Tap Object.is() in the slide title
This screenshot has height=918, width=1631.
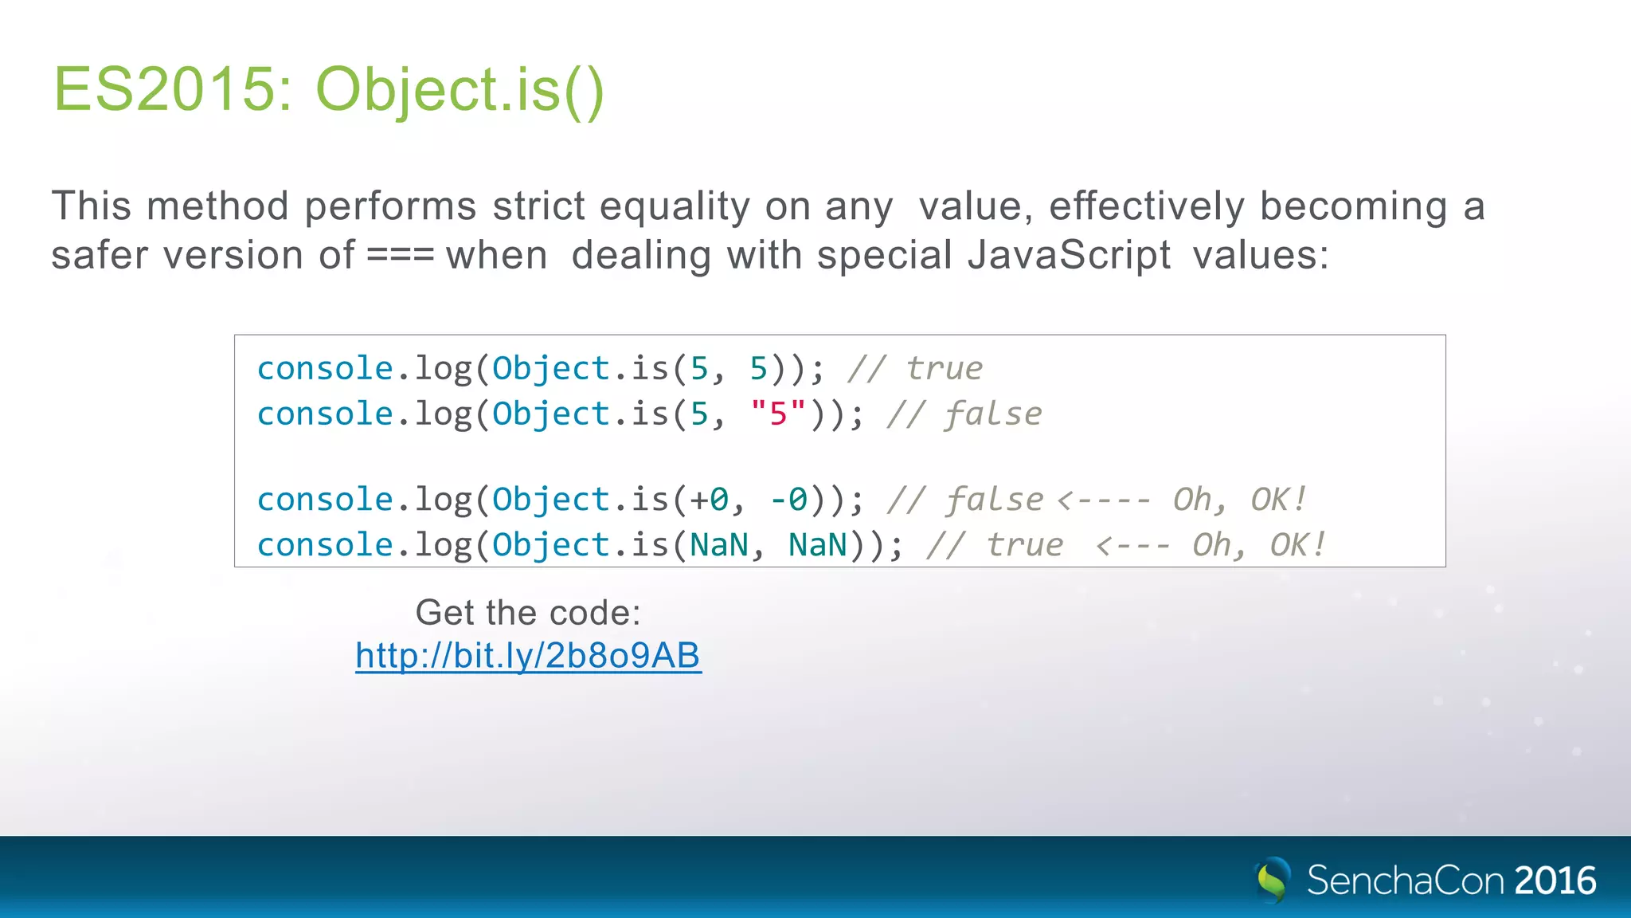click(460, 90)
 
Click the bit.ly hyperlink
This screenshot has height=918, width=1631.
click(528, 656)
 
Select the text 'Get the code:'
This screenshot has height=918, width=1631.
click(528, 613)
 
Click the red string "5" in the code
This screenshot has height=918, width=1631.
click(778, 414)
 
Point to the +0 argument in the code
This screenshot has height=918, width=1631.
click(709, 500)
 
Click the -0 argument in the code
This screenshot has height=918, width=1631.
click(788, 500)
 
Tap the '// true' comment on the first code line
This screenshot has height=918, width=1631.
click(916, 369)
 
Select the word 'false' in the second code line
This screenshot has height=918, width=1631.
click(994, 414)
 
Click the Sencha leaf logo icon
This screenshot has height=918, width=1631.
click(1273, 880)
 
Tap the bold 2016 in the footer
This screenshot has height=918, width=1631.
click(1555, 881)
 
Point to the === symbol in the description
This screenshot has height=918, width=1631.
click(400, 256)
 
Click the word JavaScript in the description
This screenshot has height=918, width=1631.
click(1069, 256)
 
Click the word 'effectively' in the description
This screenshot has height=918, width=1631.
click(1146, 206)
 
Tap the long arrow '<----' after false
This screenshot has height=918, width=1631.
click(1104, 500)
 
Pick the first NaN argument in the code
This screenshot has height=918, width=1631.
click(719, 545)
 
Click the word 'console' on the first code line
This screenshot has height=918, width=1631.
click(325, 369)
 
